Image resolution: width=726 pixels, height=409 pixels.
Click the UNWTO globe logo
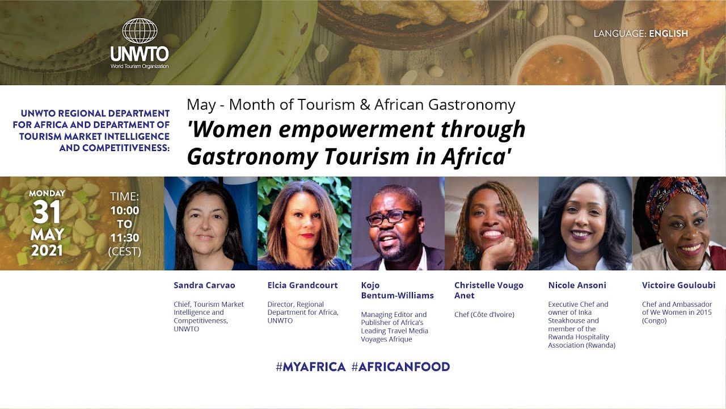click(x=139, y=32)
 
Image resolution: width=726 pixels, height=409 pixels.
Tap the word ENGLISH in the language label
click(x=668, y=34)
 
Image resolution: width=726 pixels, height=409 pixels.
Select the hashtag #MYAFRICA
click(x=310, y=367)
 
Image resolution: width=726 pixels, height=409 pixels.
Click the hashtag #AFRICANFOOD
click(x=400, y=367)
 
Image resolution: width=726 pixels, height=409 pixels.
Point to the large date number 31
click(x=47, y=213)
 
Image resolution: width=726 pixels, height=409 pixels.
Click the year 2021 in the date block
click(x=47, y=250)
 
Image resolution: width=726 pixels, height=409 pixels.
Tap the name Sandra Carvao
click(x=204, y=285)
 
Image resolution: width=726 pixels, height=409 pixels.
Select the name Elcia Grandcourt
click(x=302, y=285)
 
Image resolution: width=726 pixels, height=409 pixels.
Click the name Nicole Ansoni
click(x=577, y=285)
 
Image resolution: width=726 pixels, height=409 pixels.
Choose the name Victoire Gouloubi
click(x=678, y=285)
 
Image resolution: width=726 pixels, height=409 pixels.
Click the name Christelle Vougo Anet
click(x=488, y=290)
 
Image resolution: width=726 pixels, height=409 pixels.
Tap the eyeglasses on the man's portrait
click(x=393, y=216)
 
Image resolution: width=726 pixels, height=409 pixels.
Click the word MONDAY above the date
click(x=47, y=193)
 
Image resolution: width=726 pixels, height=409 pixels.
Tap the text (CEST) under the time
click(x=124, y=251)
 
